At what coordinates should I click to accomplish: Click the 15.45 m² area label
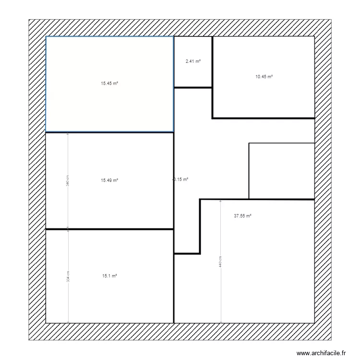(109, 84)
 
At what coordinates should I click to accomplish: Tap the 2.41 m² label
(193, 61)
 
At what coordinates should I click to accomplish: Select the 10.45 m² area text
(264, 77)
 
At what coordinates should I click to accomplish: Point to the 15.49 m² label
(109, 180)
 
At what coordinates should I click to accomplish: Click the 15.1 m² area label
(109, 276)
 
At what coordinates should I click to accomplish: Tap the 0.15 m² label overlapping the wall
(180, 180)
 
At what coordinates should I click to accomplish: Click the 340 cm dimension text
(68, 180)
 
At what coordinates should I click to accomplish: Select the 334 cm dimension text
(68, 276)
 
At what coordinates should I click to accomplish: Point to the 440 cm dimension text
(220, 262)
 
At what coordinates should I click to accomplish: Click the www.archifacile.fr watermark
(321, 353)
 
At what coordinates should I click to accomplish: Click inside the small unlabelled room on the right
(281, 170)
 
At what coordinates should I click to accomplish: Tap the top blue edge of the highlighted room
(109, 36)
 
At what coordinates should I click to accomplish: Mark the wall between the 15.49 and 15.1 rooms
(109, 229)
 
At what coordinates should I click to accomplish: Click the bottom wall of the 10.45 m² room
(264, 118)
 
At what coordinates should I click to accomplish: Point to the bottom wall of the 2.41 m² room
(193, 87)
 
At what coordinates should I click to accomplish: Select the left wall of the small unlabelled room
(249, 170)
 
